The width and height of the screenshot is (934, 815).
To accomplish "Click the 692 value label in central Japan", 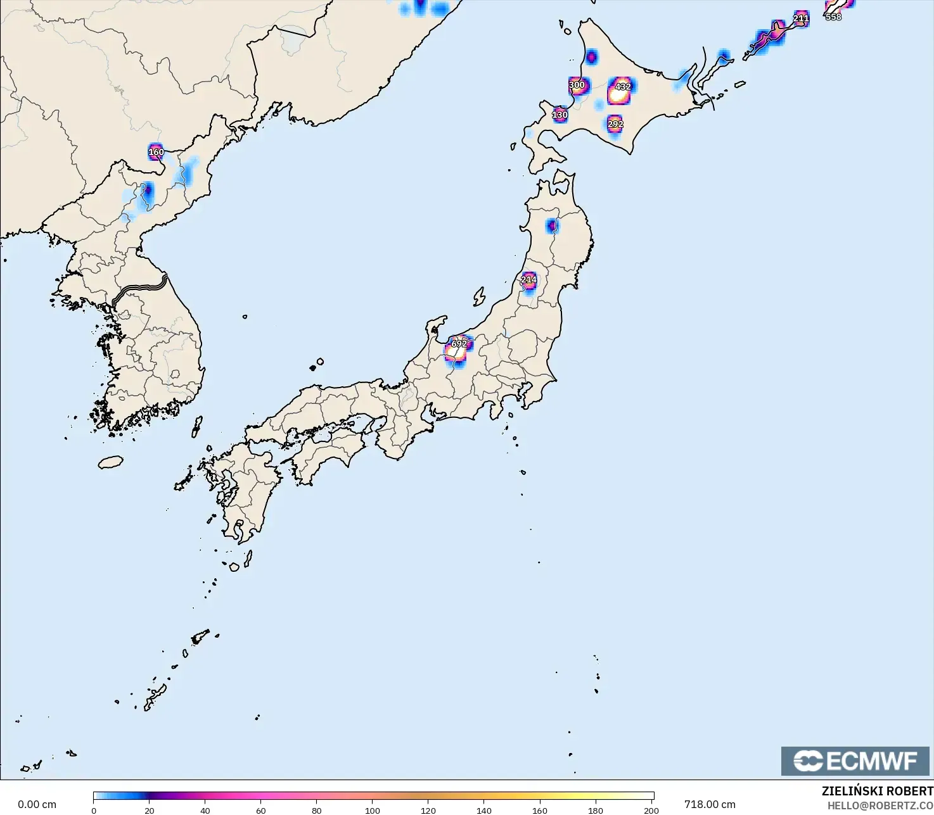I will click(x=459, y=344).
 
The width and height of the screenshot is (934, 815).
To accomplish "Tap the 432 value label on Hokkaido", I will click(x=623, y=87).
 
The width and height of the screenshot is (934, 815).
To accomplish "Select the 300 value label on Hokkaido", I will click(x=577, y=85).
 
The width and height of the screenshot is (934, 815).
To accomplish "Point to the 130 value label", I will click(x=560, y=115).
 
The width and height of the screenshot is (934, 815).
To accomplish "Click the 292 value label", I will click(x=615, y=124).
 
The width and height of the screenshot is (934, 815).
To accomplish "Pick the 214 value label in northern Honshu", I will click(x=528, y=279).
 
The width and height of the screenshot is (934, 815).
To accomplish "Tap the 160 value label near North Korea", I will click(x=156, y=152).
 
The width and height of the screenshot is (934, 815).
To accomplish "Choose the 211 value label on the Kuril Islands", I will click(x=801, y=18).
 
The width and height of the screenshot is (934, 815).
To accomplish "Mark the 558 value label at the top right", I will click(x=833, y=17).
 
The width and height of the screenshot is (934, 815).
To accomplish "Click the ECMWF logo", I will click(x=855, y=761).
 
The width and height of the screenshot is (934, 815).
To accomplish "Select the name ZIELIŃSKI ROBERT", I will click(x=877, y=792).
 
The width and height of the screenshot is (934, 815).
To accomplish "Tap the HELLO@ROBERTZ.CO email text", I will click(x=880, y=806).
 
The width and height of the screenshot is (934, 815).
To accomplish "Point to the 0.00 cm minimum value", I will click(x=37, y=804).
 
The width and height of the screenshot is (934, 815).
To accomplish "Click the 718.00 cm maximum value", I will click(x=710, y=804).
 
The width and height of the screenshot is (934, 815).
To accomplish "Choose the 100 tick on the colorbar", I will click(x=373, y=811).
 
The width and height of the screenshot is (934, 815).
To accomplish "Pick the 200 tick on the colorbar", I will click(x=651, y=811).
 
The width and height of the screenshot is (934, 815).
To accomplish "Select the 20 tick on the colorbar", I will click(x=150, y=811).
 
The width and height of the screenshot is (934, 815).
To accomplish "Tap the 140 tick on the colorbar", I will click(x=484, y=811).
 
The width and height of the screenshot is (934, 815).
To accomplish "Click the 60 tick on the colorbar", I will click(x=261, y=811).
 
